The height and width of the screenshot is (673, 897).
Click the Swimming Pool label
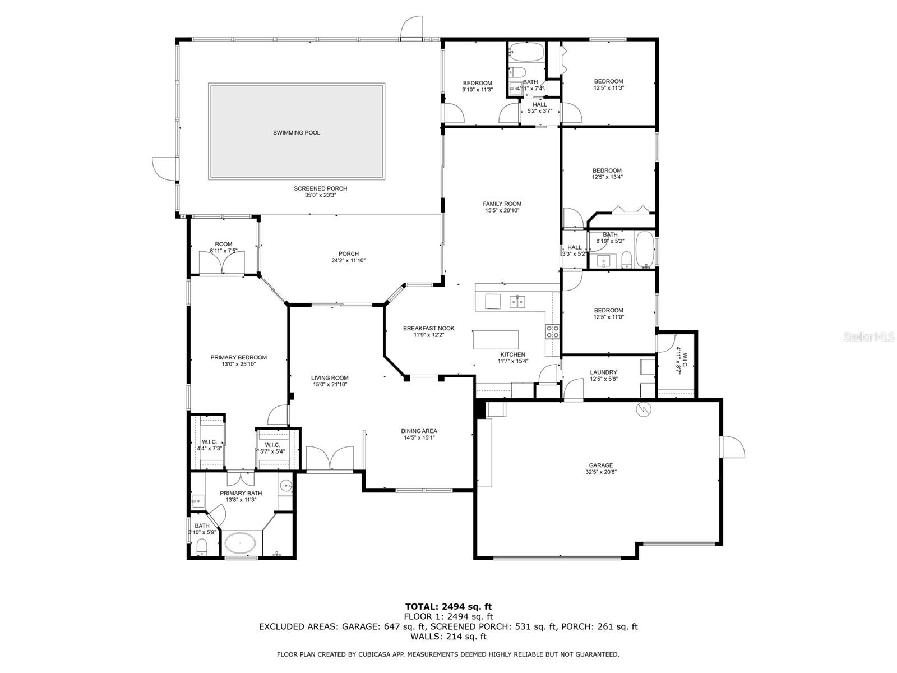296,133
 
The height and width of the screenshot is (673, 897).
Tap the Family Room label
502,204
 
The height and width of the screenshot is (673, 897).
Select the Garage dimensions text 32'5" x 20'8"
600,472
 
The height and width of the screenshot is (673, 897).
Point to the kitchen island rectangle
495,339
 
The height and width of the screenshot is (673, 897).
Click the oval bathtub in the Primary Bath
240,543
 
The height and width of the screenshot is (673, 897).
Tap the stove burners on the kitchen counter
552,331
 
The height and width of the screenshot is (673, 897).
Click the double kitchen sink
517,302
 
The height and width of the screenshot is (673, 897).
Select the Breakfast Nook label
428,328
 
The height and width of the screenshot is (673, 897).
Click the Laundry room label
603,372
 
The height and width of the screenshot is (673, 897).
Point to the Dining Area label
418,431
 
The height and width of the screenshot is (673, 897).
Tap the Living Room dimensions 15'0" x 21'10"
330,385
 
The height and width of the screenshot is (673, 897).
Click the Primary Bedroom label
238,357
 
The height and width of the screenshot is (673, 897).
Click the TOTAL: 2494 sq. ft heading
449,606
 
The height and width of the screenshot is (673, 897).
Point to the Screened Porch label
320,188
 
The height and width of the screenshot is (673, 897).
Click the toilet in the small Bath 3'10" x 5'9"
202,547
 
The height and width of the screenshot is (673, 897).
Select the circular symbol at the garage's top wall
644,409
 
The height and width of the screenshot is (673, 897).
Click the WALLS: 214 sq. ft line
449,636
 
